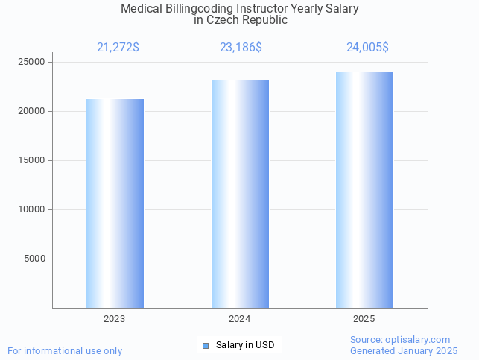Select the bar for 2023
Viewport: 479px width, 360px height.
(115, 203)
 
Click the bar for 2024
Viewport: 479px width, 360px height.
(240, 194)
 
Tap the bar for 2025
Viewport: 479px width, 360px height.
(364, 190)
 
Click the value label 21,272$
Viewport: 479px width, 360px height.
(118, 48)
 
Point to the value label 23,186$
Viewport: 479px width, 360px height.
(241, 48)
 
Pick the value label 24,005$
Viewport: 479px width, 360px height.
(367, 48)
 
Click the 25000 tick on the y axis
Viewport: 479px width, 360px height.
(32, 62)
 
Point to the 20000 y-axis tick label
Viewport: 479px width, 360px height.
(32, 111)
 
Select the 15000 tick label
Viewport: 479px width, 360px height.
(32, 160)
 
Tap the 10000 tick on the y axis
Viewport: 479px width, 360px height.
(32, 209)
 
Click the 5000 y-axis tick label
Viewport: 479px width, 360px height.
(34, 259)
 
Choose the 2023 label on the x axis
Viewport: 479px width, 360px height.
(115, 319)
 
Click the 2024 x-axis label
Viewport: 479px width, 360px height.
(240, 319)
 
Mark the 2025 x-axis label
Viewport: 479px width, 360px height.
(364, 319)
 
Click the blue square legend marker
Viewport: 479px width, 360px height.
(206, 345)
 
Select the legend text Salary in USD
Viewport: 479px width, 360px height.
(245, 345)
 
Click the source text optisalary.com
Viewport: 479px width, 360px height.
(419, 340)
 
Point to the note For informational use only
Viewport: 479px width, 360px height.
(65, 350)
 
